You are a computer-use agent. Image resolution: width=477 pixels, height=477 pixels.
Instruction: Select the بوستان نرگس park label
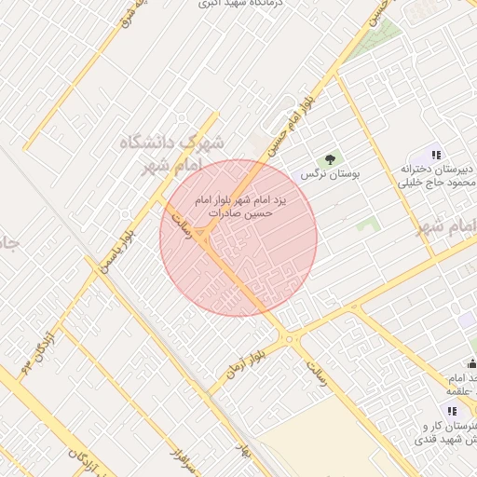tap(331, 174)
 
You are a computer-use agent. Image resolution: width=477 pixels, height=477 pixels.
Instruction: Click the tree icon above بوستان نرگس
tap(330, 159)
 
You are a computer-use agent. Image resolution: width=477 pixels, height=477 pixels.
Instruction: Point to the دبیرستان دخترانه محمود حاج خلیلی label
tap(437, 176)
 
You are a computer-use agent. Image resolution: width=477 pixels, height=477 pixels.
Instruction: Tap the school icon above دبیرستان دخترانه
tap(436, 155)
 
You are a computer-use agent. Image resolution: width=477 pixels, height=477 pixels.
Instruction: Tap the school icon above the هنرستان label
tap(452, 411)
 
